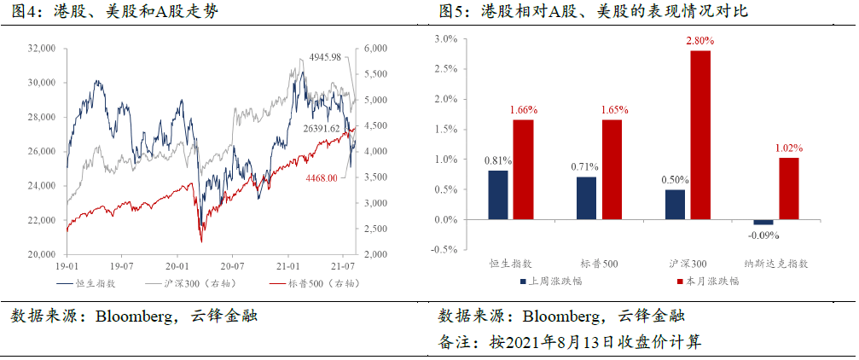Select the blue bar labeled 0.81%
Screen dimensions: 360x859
(x=499, y=195)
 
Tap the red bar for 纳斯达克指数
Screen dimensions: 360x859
(x=788, y=189)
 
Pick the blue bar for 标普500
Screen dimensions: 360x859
(x=587, y=198)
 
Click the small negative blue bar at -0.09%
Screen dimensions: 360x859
(x=763, y=222)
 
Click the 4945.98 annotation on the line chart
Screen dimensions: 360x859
(x=323, y=57)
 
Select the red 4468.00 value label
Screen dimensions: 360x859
(x=321, y=178)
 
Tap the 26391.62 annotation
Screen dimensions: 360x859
(x=322, y=128)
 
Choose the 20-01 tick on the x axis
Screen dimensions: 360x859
(x=177, y=266)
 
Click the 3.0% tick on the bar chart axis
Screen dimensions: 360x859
(x=446, y=39)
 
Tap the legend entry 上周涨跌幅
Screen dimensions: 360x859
(x=555, y=280)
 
